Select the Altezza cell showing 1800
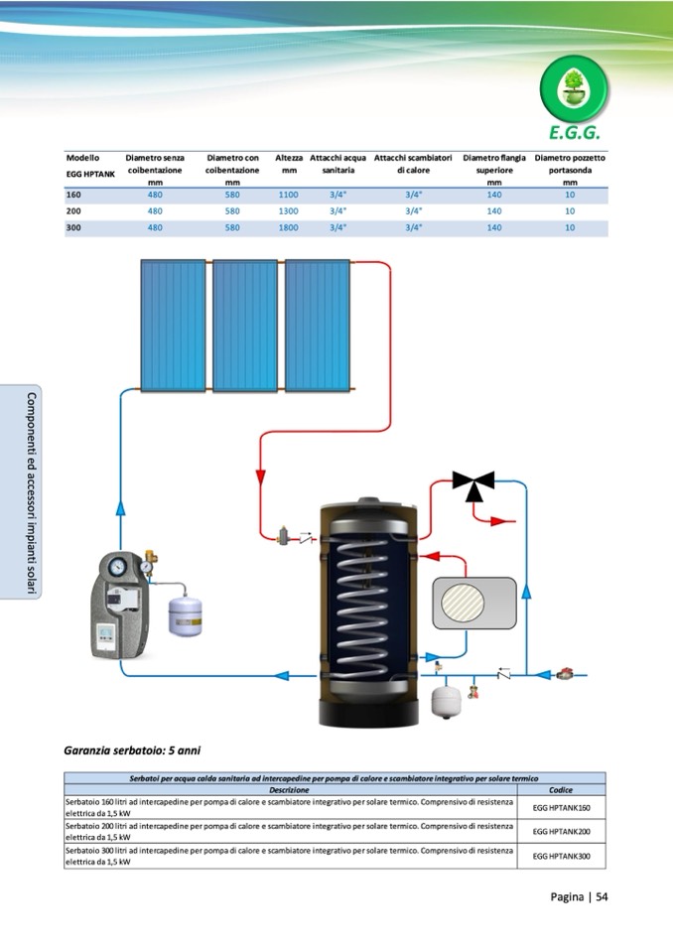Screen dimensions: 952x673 [x=288, y=227]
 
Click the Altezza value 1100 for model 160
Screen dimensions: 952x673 [x=288, y=195]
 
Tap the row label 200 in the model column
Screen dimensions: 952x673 [x=73, y=211]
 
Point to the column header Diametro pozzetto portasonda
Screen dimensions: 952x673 [x=569, y=170]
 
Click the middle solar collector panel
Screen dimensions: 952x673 [x=245, y=326]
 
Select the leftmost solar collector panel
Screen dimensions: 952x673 [x=173, y=326]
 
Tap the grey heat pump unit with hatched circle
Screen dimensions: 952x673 [x=474, y=603]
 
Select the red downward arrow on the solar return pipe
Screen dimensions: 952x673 [x=261, y=476]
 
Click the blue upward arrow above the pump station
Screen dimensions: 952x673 [x=121, y=508]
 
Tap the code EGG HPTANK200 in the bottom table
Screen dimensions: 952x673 [x=561, y=832]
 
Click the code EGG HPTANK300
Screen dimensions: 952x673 [x=561, y=856]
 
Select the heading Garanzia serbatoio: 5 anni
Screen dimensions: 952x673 [x=132, y=750]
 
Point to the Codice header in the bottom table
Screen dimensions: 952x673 [x=561, y=790]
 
